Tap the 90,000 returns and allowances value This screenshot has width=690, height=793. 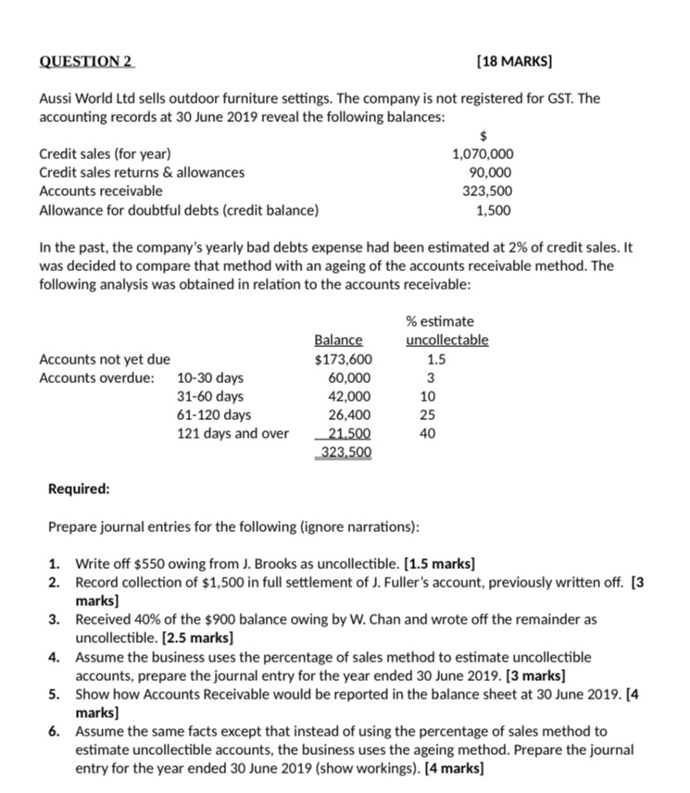(491, 172)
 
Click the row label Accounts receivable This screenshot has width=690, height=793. (101, 191)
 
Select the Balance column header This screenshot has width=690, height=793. (339, 341)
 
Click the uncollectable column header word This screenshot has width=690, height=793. (446, 341)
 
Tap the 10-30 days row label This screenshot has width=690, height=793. (210, 378)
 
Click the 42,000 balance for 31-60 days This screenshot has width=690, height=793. (349, 396)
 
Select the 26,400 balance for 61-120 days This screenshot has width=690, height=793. (349, 415)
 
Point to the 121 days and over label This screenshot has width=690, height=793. (232, 433)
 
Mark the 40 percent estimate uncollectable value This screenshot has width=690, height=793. (427, 433)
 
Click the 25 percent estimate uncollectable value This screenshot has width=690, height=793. (427, 415)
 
